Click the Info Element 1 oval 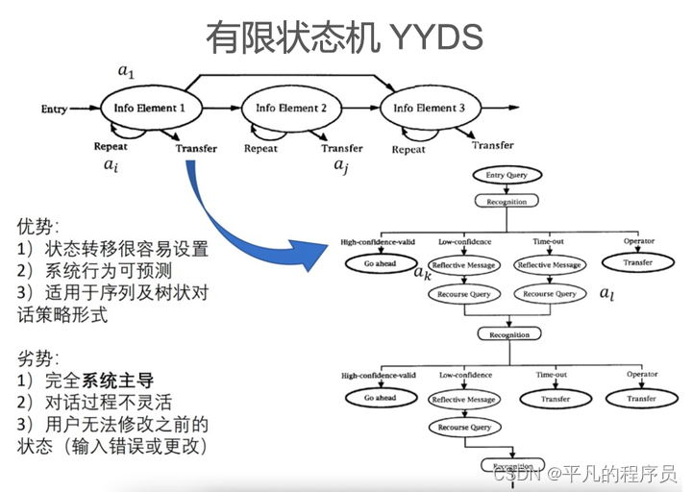[x=149, y=109]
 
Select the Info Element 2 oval [x=291, y=109]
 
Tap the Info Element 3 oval [x=429, y=109]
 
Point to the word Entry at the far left [x=54, y=110]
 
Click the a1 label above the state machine [x=126, y=70]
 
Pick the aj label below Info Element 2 [x=341, y=165]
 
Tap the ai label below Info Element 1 [x=111, y=164]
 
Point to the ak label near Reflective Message [x=422, y=273]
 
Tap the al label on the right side [x=606, y=292]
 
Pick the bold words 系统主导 [x=115, y=380]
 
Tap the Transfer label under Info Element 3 [x=492, y=145]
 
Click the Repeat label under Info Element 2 [x=260, y=149]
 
